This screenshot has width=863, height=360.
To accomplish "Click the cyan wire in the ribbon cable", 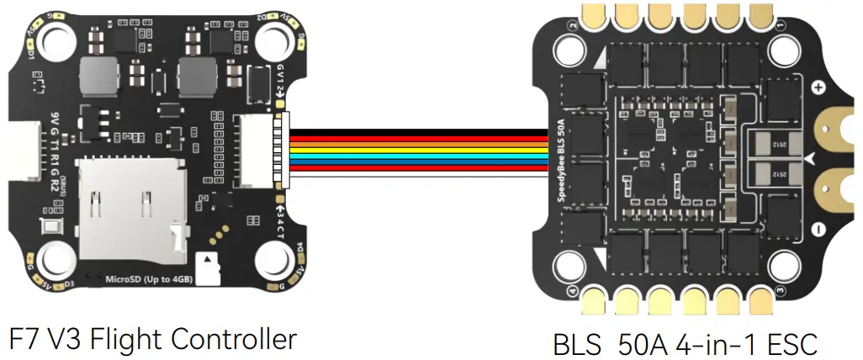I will [412, 156].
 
